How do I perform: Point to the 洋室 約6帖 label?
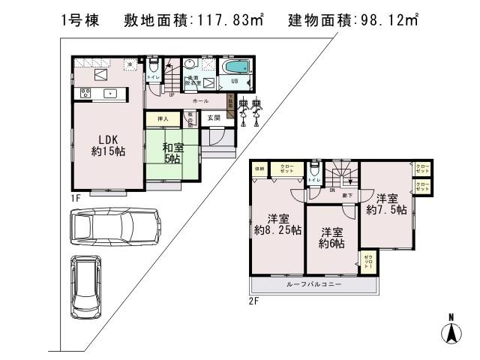(331, 238)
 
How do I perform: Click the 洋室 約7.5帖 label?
(386, 204)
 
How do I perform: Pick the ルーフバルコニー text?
(313, 285)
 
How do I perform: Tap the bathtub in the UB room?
(238, 65)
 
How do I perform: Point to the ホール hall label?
(200, 100)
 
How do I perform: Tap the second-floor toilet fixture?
(313, 170)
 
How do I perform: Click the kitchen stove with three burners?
(85, 93)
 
